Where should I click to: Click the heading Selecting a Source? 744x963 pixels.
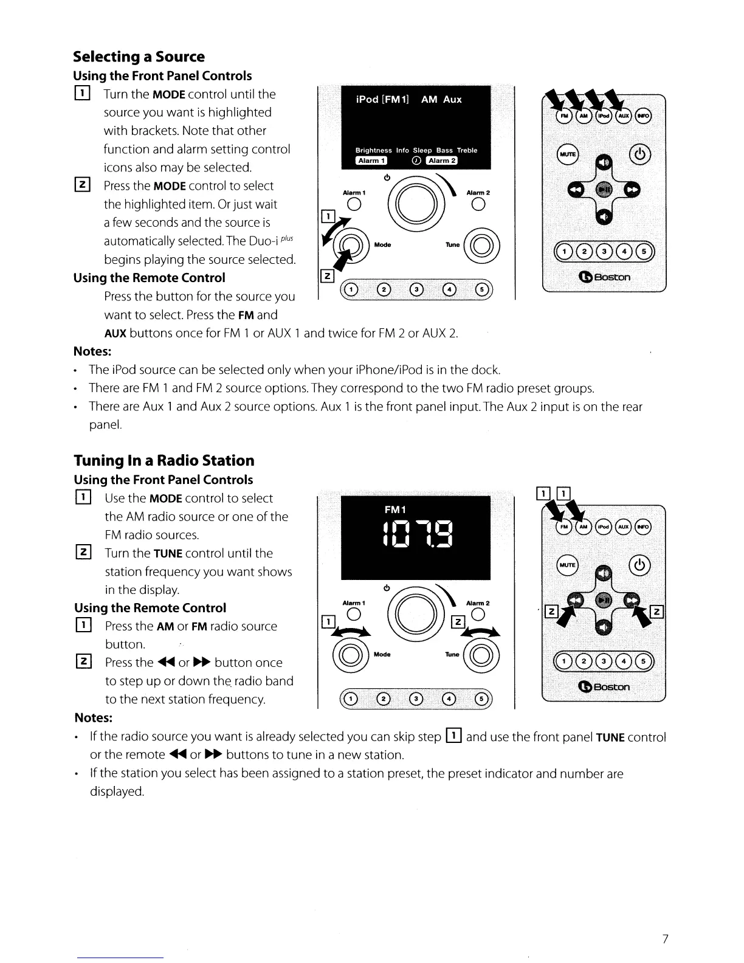pos(139,57)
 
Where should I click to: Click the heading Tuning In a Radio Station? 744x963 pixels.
pos(164,460)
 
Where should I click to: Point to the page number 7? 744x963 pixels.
pos(665,939)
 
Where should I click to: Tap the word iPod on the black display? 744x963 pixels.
pos(367,100)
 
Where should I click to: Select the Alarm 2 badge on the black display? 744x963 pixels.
pos(442,160)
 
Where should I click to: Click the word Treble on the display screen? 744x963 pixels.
pos(467,150)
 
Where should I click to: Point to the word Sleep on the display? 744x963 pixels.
pos(422,150)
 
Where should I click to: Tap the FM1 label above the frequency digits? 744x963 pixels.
pos(395,509)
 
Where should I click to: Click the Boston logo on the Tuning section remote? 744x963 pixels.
pos(604,687)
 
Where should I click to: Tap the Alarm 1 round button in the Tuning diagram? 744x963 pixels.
pos(353,615)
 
